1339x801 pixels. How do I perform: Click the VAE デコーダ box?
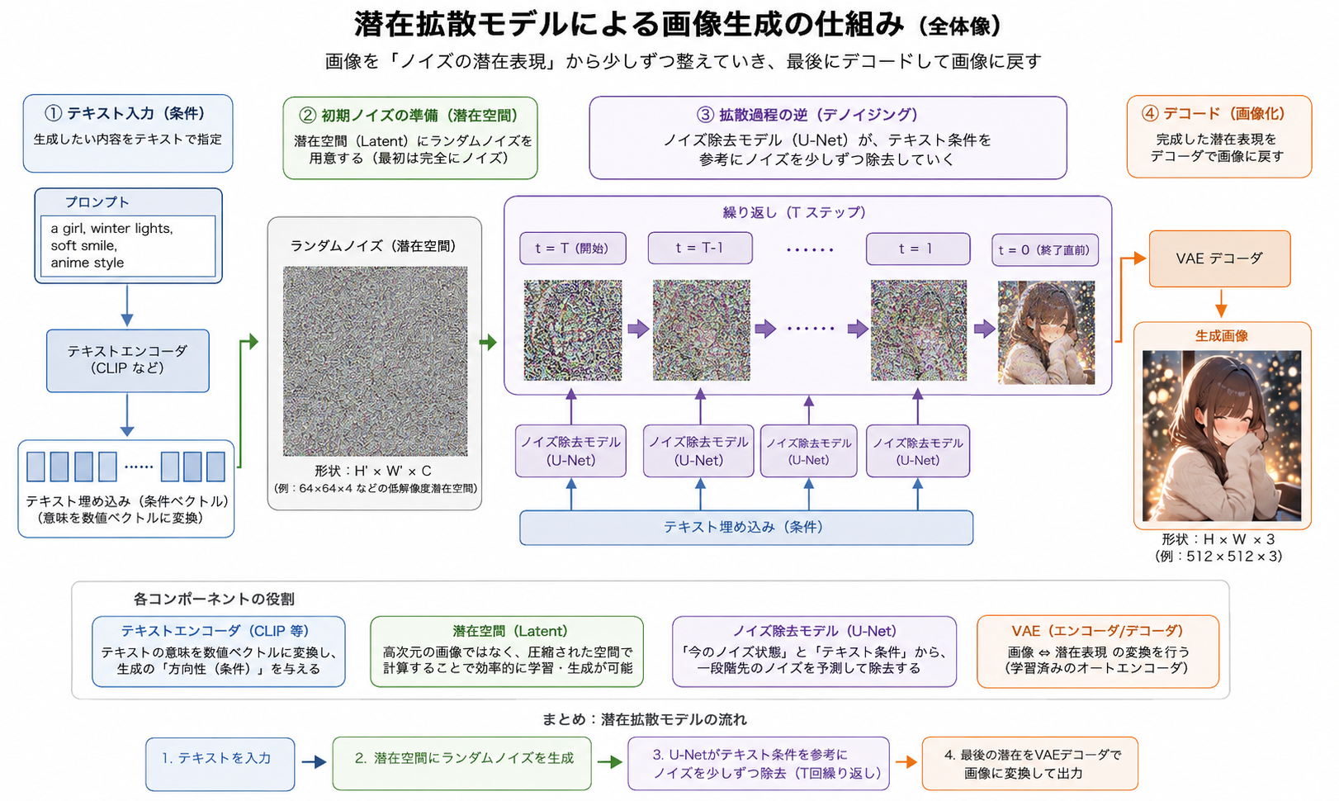tap(1219, 258)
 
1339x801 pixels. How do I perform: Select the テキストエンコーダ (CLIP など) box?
tap(128, 360)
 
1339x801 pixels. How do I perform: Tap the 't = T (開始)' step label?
tap(573, 248)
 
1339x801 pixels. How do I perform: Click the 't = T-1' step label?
tap(700, 248)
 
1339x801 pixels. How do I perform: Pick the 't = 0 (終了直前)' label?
tap(1045, 250)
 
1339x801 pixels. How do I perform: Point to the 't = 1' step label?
tap(918, 249)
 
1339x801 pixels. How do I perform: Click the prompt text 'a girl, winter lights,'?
tap(111, 229)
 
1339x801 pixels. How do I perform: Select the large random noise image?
tap(375, 361)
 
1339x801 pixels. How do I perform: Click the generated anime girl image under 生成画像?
tap(1222, 436)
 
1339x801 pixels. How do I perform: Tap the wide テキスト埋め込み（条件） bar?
tap(746, 527)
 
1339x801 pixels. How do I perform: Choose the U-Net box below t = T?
tap(571, 451)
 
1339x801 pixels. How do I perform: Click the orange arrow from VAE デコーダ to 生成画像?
tap(1221, 304)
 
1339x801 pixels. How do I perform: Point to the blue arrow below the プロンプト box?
tap(127, 306)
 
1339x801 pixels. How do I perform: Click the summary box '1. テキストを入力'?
tap(220, 764)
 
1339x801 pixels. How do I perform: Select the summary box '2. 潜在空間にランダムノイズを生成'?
tap(462, 763)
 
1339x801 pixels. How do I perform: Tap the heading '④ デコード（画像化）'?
tap(1214, 113)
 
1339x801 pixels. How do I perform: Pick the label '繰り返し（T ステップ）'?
tap(794, 212)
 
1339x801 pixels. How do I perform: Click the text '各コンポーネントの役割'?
tap(214, 599)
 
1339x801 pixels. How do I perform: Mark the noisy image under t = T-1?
tap(701, 330)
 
